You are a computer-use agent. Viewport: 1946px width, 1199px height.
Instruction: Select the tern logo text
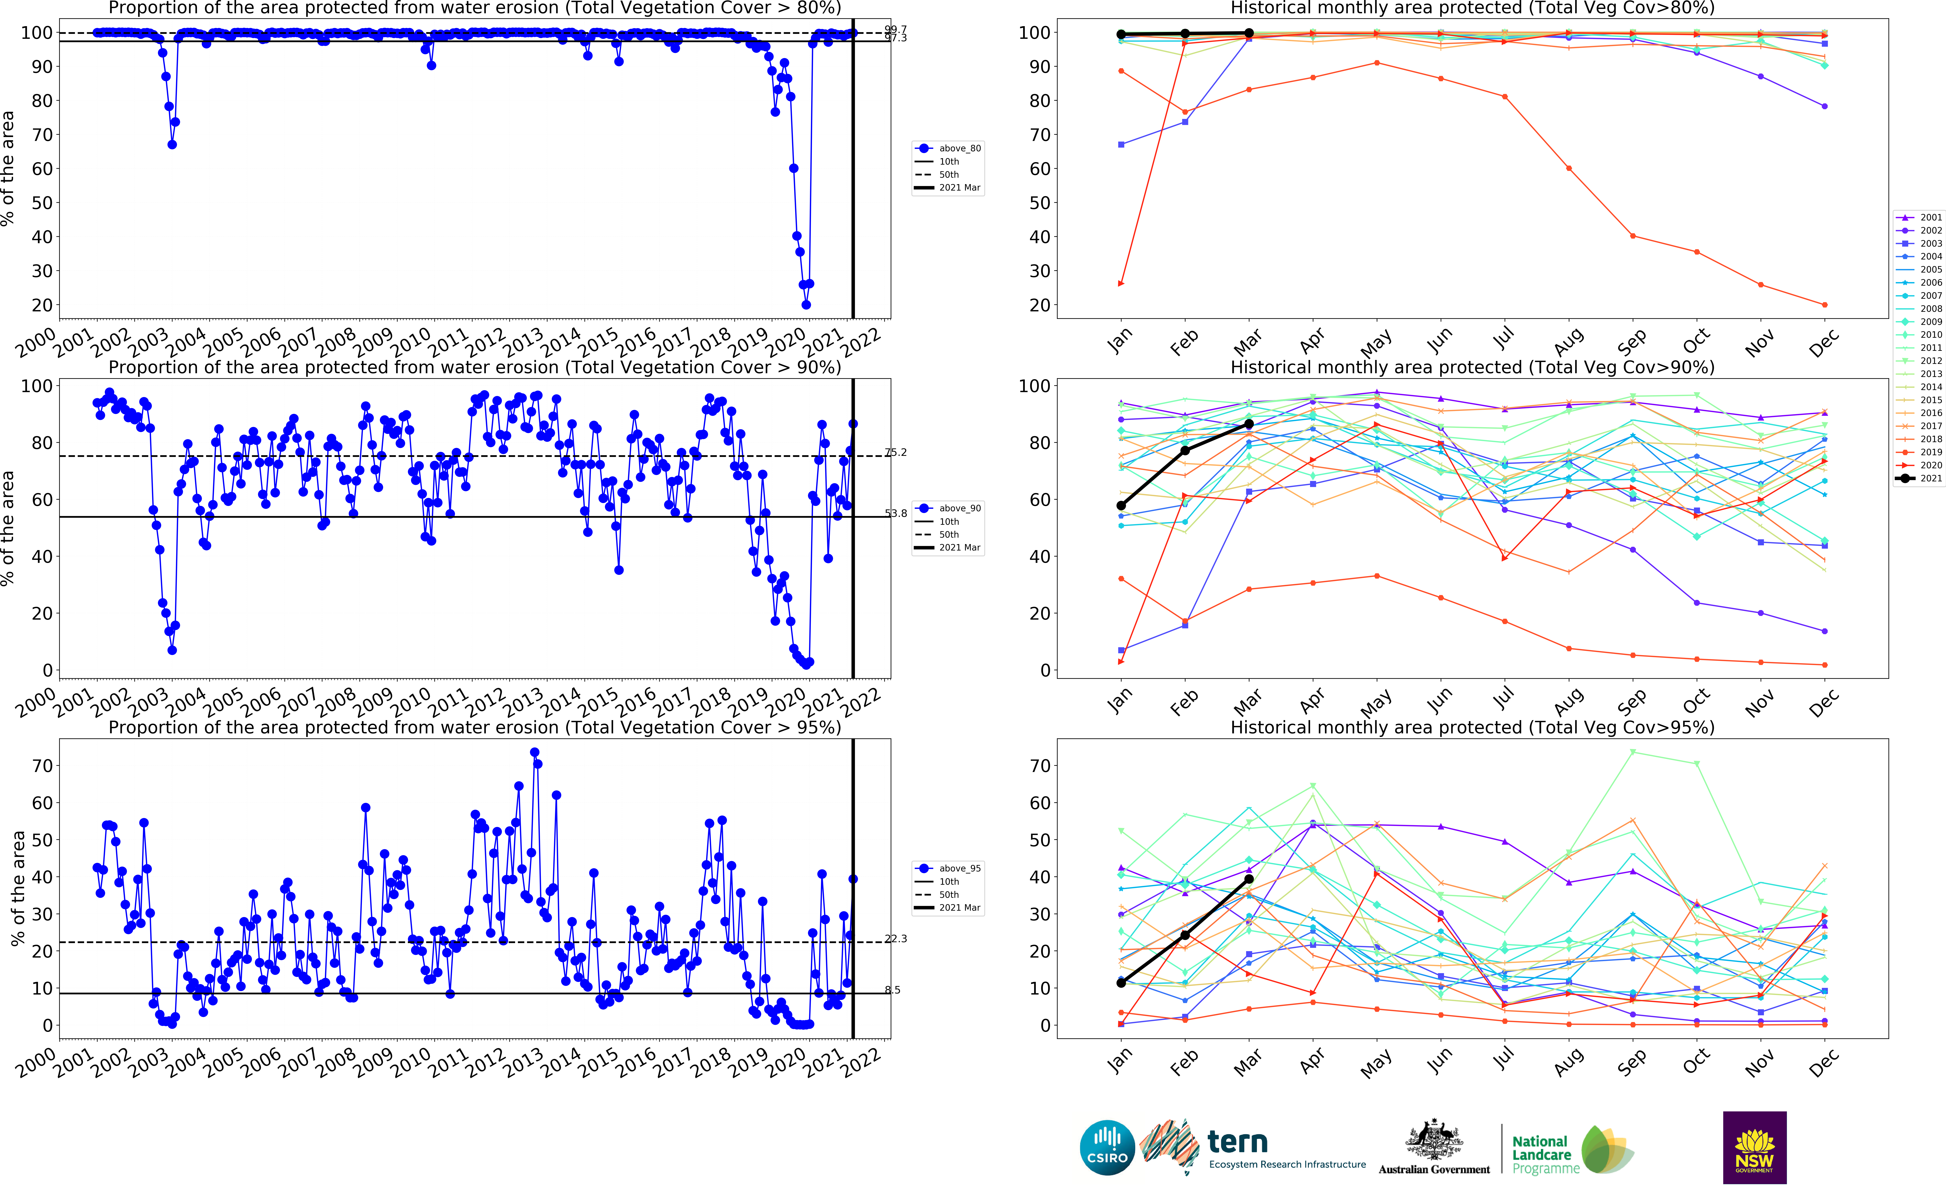coord(1237,1142)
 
